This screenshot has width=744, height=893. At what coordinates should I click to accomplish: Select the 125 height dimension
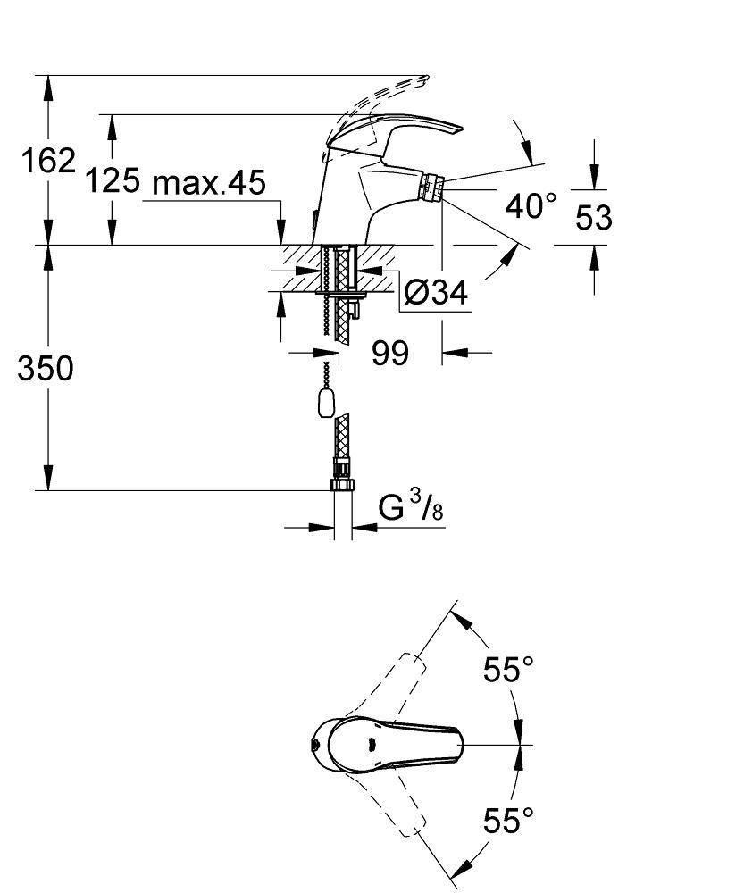[x=113, y=182]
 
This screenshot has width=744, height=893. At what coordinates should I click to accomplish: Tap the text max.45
[x=209, y=183]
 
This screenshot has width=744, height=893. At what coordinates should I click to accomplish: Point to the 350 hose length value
[x=46, y=368]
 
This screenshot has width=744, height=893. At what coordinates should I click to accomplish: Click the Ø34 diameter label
[x=435, y=293]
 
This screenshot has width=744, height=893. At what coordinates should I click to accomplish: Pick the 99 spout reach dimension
[x=390, y=353]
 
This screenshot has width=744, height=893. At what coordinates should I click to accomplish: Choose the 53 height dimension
[x=593, y=217]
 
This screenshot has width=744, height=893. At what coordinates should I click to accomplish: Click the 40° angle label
[x=531, y=207]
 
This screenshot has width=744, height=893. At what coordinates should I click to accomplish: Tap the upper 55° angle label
[x=508, y=668]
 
